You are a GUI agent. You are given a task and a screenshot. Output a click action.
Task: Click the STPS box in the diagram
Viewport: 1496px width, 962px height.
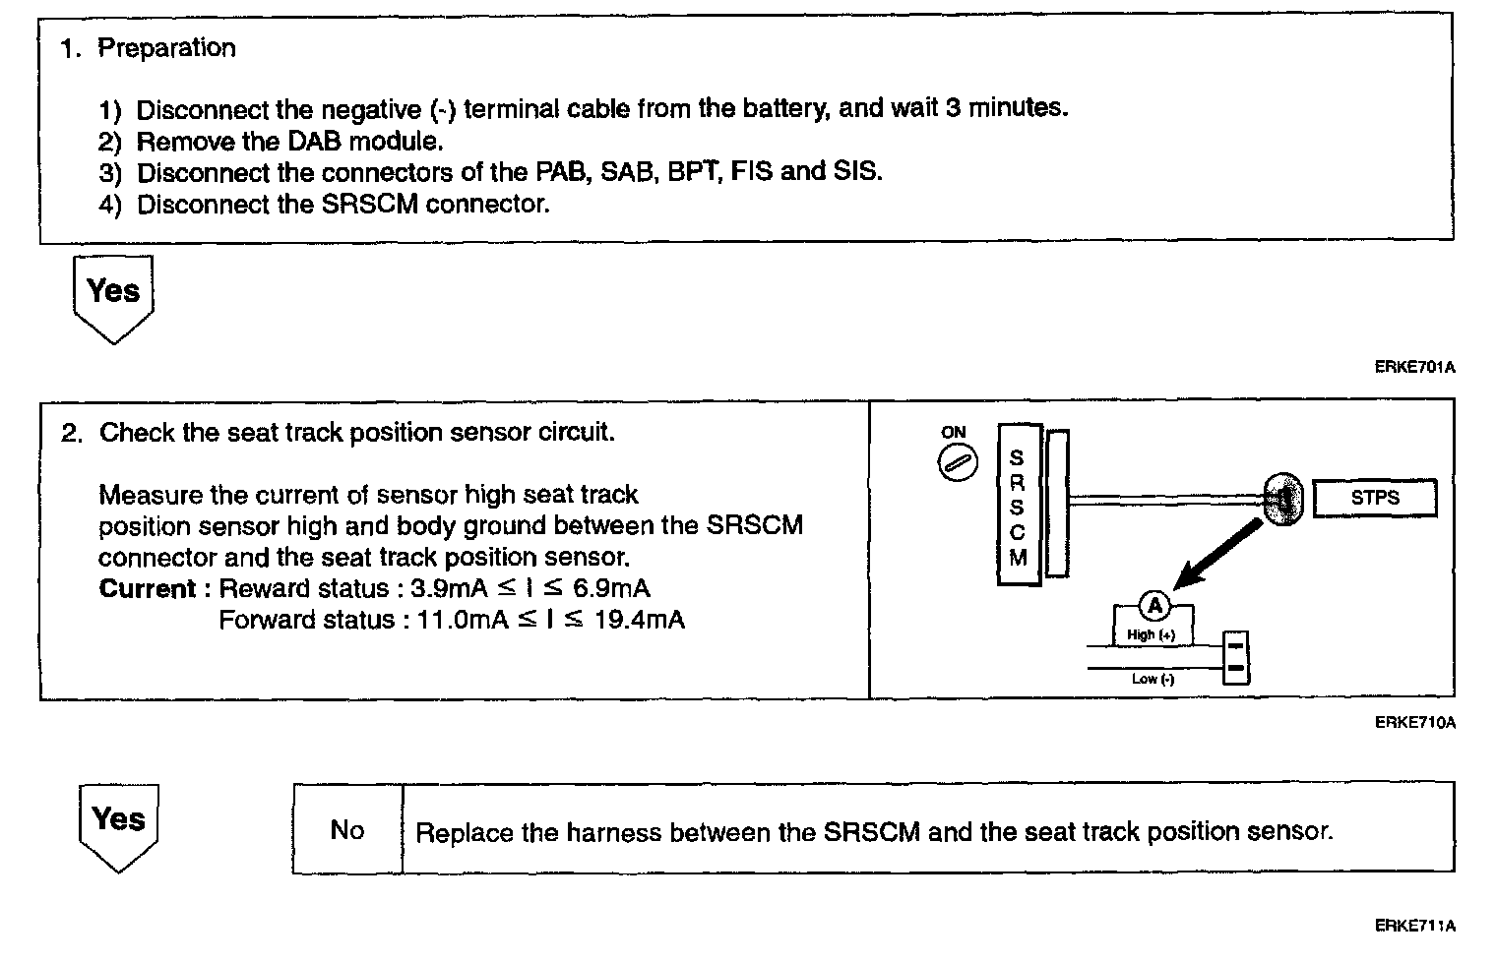click(1374, 498)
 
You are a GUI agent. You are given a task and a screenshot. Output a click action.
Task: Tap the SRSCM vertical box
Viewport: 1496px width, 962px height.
click(1018, 506)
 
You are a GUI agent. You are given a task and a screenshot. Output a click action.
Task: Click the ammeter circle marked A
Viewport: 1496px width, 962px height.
click(1154, 606)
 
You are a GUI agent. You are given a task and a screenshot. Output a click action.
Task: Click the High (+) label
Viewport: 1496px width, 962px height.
click(1151, 635)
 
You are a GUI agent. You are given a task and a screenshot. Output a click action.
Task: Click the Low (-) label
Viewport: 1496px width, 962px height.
click(1153, 679)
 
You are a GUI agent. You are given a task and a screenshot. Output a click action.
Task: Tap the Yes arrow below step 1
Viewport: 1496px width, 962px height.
click(113, 296)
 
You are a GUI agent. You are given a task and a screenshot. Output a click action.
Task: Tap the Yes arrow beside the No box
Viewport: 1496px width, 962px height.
click(118, 824)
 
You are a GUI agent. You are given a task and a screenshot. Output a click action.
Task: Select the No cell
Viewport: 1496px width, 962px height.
click(347, 830)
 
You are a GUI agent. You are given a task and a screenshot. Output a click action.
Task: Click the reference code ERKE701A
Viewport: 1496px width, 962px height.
click(1414, 368)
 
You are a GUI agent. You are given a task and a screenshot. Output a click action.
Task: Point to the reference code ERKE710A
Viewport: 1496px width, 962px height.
click(1414, 723)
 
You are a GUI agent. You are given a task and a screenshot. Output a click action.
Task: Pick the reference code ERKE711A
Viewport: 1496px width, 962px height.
click(1414, 926)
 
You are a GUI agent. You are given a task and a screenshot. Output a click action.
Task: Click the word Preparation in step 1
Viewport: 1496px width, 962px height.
click(166, 48)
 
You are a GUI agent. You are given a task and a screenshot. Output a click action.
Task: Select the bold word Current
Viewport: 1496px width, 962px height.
click(148, 589)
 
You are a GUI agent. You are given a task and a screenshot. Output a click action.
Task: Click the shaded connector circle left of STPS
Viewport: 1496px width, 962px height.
click(1282, 499)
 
